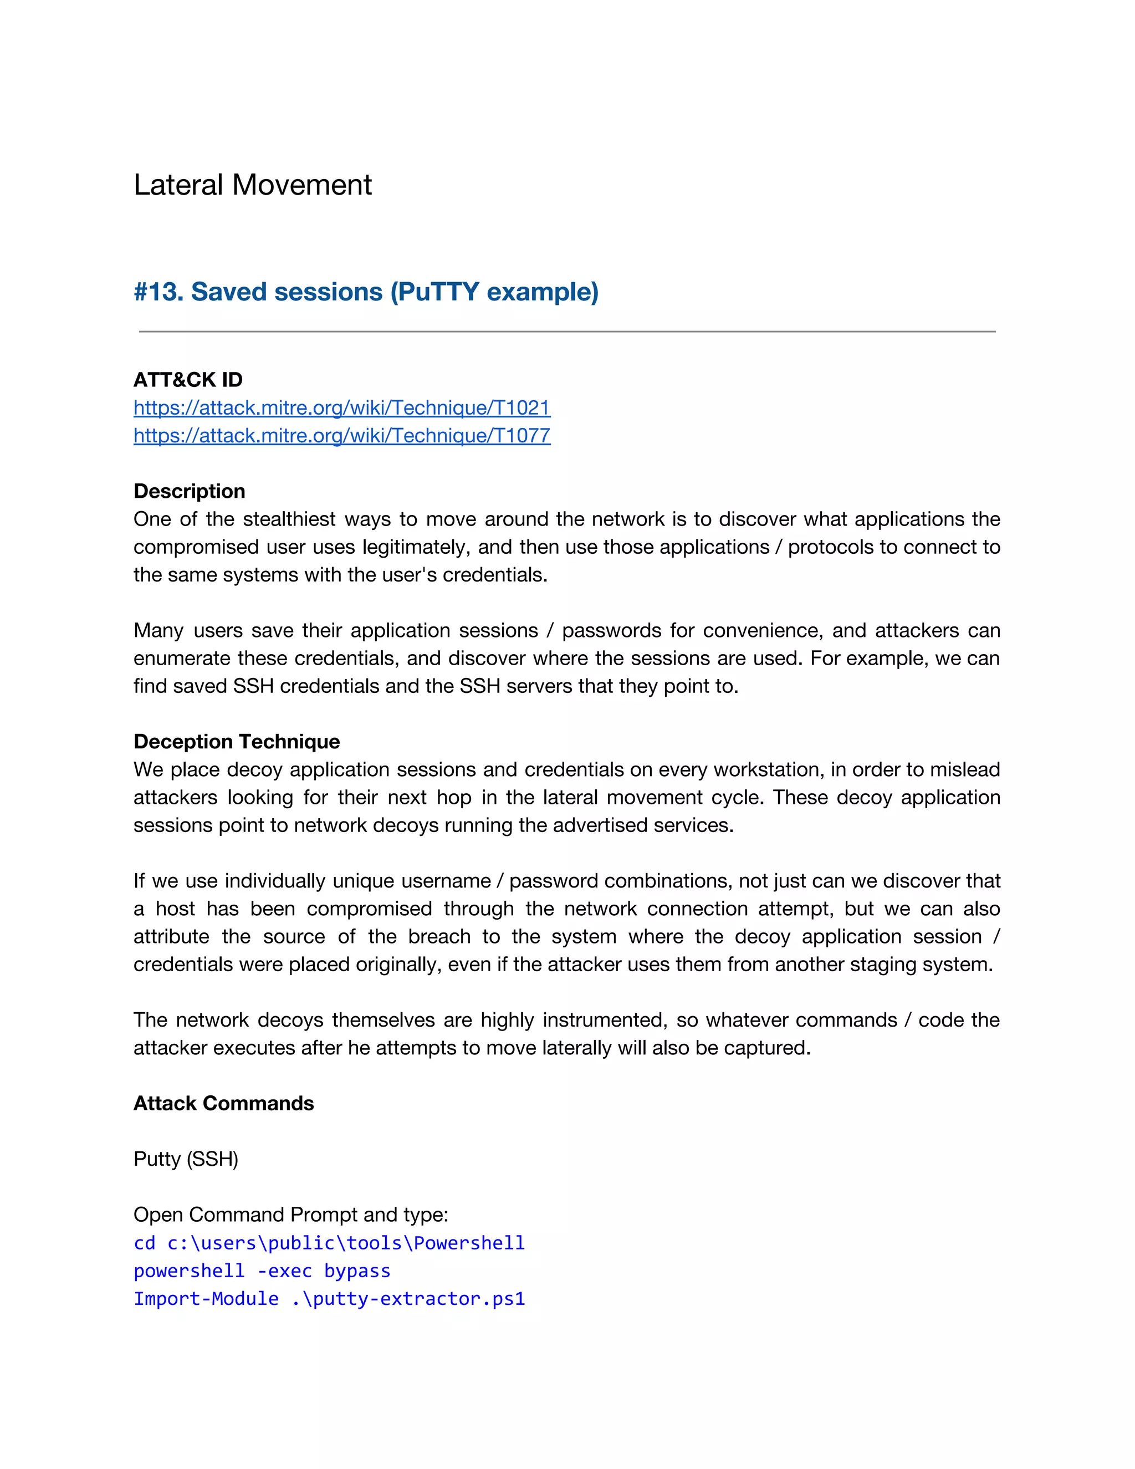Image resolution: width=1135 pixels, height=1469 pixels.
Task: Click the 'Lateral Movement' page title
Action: tap(252, 185)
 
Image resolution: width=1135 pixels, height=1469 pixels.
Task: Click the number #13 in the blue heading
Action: tap(158, 292)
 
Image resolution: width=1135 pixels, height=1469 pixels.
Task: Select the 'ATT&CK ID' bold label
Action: tap(188, 380)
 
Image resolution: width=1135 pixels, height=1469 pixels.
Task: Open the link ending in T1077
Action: tap(341, 436)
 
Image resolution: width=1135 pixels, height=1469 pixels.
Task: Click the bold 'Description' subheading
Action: tap(189, 491)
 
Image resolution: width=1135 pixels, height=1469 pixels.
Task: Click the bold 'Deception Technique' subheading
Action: tap(236, 741)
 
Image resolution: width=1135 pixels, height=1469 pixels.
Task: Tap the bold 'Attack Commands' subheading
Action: tap(223, 1103)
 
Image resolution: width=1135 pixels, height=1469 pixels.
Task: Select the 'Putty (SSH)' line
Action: tap(186, 1159)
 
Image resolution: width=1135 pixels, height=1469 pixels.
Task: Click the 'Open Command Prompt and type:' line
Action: tap(290, 1215)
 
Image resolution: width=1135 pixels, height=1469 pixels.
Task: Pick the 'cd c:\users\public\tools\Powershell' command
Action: tap(329, 1243)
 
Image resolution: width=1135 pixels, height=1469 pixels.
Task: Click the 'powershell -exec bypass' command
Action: tap(262, 1271)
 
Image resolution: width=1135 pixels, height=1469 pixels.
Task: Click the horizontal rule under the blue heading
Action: tap(567, 331)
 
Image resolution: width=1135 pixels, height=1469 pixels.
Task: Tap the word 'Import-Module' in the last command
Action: tap(206, 1299)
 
